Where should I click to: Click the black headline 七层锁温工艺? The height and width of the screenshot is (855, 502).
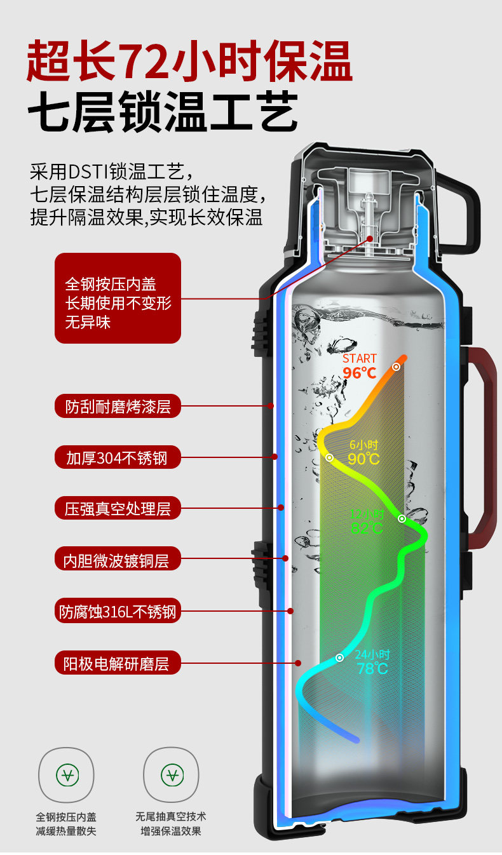tap(162, 112)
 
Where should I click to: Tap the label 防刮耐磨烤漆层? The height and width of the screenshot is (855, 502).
tap(118, 405)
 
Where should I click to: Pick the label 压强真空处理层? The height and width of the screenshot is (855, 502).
tap(118, 509)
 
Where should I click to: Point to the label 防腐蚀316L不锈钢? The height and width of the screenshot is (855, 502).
tap(118, 612)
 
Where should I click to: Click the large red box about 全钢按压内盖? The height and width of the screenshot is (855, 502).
tap(118, 299)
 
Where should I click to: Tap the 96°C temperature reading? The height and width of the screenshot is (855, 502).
tap(360, 373)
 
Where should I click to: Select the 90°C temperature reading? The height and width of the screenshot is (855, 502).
tap(363, 459)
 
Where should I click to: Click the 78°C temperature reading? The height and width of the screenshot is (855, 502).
tap(372, 668)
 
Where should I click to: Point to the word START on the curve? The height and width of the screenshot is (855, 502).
tap(360, 359)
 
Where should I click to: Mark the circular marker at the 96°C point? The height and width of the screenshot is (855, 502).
tap(396, 367)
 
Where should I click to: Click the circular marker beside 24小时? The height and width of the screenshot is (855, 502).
tap(340, 657)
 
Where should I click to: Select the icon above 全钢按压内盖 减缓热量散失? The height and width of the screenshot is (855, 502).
tap(67, 774)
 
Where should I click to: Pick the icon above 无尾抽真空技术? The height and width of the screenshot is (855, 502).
tap(172, 774)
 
